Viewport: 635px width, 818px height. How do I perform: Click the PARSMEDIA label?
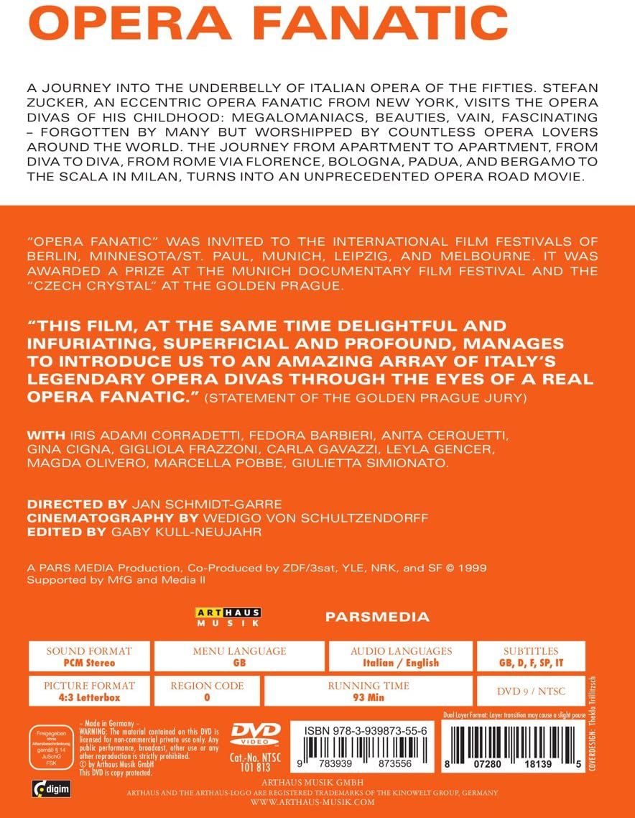pyautogui.click(x=377, y=617)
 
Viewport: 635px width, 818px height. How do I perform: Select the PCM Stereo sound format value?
pyautogui.click(x=90, y=663)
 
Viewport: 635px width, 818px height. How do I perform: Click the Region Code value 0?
pyautogui.click(x=207, y=697)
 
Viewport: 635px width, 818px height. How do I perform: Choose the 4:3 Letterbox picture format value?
pyautogui.click(x=90, y=697)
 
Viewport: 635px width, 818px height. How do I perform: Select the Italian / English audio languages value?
pyautogui.click(x=401, y=663)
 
